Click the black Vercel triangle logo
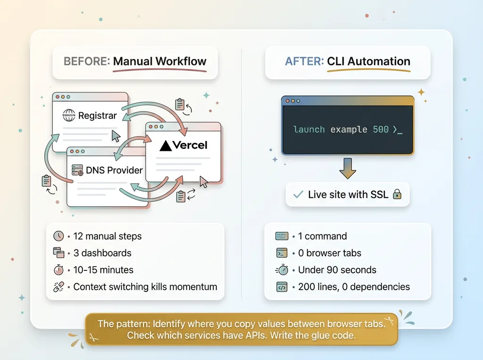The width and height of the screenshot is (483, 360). pyautogui.click(x=166, y=146)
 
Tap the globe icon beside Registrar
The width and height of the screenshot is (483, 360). pyautogui.click(x=69, y=115)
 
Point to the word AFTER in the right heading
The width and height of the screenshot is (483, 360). pyautogui.click(x=304, y=61)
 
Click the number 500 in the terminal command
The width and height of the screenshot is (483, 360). pyautogui.click(x=381, y=129)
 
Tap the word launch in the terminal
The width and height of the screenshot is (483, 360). pyautogui.click(x=309, y=129)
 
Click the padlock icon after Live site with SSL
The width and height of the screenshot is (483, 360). pyautogui.click(x=397, y=194)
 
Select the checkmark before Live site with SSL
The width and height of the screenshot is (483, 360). pyautogui.click(x=298, y=194)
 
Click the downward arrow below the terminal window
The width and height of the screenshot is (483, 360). pyautogui.click(x=348, y=168)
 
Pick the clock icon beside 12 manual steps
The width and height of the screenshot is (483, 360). pyautogui.click(x=58, y=236)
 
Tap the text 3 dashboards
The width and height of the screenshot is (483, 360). pyautogui.click(x=102, y=253)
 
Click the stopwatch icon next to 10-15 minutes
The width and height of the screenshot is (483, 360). pyautogui.click(x=58, y=270)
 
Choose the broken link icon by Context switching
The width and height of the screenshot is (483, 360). pyautogui.click(x=58, y=286)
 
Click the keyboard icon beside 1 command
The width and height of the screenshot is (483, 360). pyautogui.click(x=282, y=236)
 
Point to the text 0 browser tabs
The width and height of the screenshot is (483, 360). pyautogui.click(x=330, y=253)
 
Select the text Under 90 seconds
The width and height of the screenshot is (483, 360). pyautogui.click(x=337, y=270)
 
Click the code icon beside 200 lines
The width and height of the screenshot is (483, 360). pyautogui.click(x=282, y=286)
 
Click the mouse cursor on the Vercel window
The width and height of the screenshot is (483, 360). pyautogui.click(x=204, y=182)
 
